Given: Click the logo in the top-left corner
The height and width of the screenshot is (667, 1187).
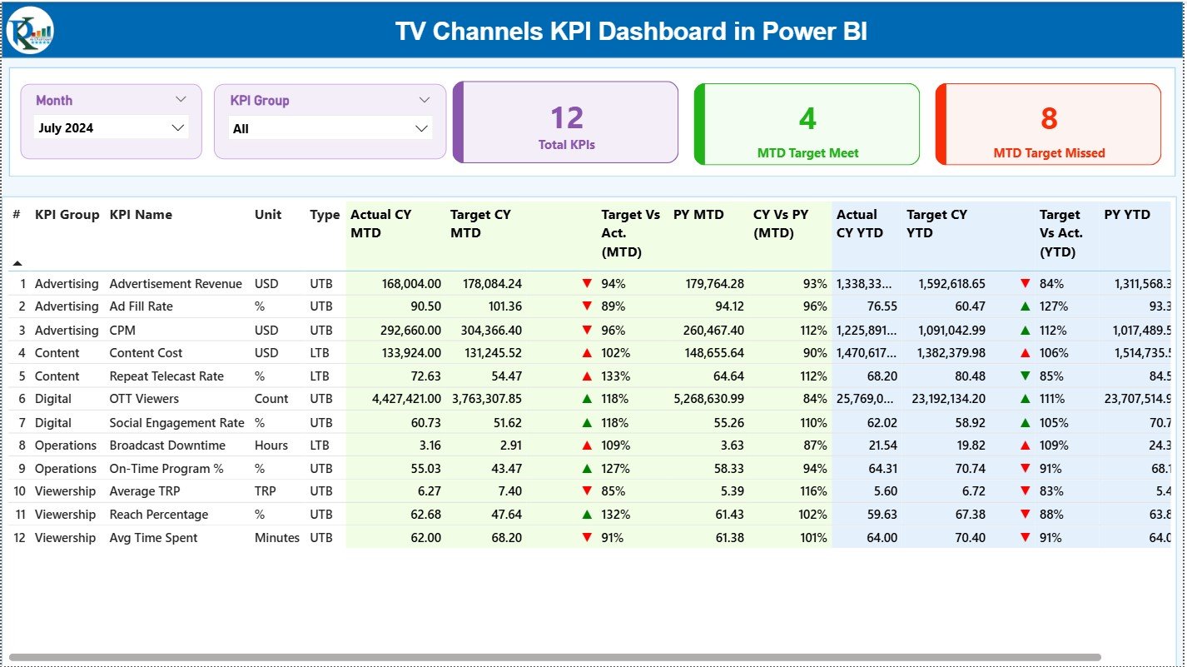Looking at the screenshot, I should [30, 31].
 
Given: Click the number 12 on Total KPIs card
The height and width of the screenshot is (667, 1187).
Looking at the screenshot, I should [567, 118].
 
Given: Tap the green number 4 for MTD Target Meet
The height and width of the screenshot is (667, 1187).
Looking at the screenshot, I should [807, 119].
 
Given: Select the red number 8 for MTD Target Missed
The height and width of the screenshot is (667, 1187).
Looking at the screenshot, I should [1049, 119].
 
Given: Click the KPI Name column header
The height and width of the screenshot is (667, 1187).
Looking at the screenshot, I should [141, 215].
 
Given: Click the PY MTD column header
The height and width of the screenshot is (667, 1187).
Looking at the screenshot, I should [698, 215].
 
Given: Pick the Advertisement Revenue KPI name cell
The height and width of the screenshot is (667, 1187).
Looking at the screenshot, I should [176, 284].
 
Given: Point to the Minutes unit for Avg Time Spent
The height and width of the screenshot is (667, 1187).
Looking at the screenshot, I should [277, 538].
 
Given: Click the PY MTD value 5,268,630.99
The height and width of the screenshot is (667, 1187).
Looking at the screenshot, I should [709, 399].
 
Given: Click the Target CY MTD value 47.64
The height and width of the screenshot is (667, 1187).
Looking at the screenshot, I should [507, 515].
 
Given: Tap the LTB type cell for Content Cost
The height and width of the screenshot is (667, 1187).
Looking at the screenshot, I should [320, 353].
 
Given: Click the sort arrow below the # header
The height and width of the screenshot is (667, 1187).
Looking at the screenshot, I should [17, 263].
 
